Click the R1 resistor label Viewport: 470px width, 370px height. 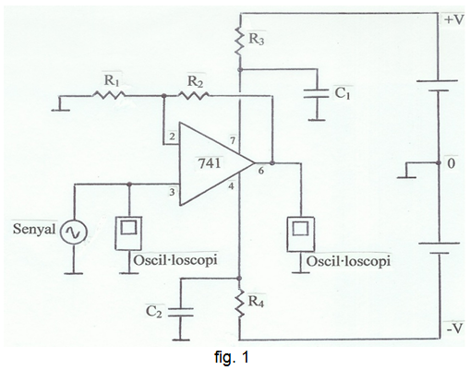111,80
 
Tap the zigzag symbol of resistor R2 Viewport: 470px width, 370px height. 194,96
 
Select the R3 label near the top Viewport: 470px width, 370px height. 257,39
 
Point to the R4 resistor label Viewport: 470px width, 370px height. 257,302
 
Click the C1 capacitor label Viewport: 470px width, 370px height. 343,92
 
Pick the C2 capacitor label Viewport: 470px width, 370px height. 153,311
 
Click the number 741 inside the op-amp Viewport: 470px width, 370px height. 210,163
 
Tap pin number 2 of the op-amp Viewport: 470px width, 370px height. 173,137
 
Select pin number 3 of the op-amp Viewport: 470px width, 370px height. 172,192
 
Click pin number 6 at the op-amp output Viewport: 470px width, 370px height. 261,171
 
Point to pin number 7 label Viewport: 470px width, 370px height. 233,141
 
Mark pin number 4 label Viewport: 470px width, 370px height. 231,186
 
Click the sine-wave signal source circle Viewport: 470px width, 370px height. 73,233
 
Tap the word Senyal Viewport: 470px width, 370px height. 34,229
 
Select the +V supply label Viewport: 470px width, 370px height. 453,20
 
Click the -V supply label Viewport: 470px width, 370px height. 454,328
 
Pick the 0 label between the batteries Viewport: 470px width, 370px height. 451,163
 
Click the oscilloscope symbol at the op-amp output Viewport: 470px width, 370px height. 301,234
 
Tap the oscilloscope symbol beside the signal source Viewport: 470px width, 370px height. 128,233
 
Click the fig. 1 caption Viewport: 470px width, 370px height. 232,357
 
